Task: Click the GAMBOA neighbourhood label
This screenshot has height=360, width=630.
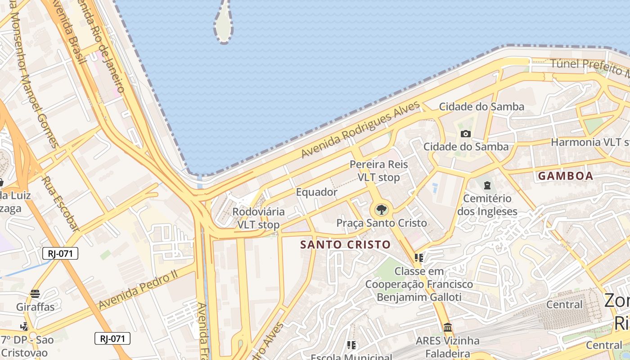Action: (x=566, y=176)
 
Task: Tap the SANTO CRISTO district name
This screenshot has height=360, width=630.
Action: (x=345, y=245)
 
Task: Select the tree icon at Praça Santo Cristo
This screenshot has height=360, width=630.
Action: (x=381, y=209)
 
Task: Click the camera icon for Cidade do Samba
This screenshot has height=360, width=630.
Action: (x=466, y=134)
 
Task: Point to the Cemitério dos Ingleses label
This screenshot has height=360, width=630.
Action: (x=487, y=205)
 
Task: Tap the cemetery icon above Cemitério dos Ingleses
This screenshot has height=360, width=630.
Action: (x=486, y=184)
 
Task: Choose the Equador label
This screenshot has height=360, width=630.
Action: (x=316, y=192)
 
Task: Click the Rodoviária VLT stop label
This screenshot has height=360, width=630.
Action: (x=258, y=218)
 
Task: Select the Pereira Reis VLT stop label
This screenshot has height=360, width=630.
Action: (x=379, y=171)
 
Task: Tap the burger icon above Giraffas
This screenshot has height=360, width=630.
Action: (x=35, y=294)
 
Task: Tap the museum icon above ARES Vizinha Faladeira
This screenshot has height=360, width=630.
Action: (x=447, y=327)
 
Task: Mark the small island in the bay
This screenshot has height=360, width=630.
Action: (x=223, y=22)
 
